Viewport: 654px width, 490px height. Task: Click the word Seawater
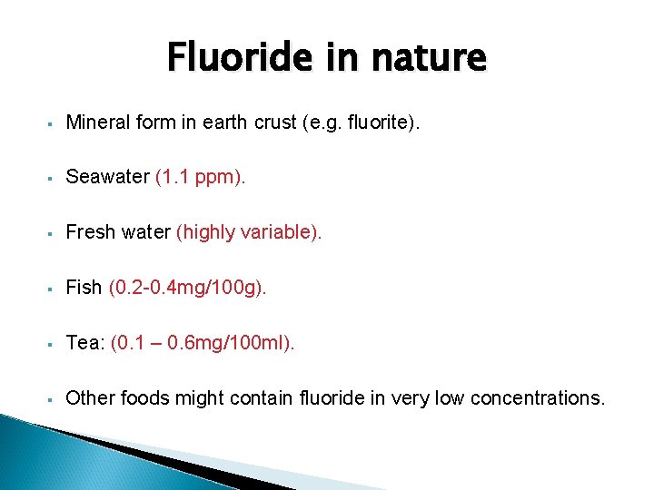click(107, 177)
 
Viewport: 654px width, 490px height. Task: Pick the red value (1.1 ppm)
click(200, 177)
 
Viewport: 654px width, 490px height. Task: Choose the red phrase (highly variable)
click(249, 232)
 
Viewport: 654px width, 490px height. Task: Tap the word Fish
click(84, 288)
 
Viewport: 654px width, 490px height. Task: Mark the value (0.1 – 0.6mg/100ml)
click(203, 343)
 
